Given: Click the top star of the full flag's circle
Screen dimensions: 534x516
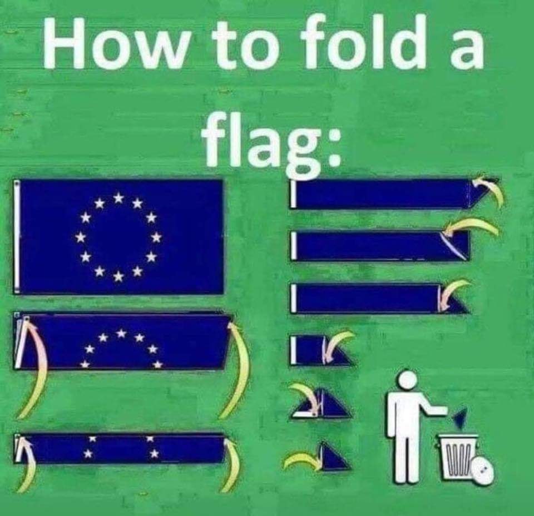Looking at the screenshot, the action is point(118,197).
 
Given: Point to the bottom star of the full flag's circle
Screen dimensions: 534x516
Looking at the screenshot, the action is point(118,277).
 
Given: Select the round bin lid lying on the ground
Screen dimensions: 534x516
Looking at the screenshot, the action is point(481,470).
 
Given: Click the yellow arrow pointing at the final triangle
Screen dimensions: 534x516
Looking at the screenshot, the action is point(301,459).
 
